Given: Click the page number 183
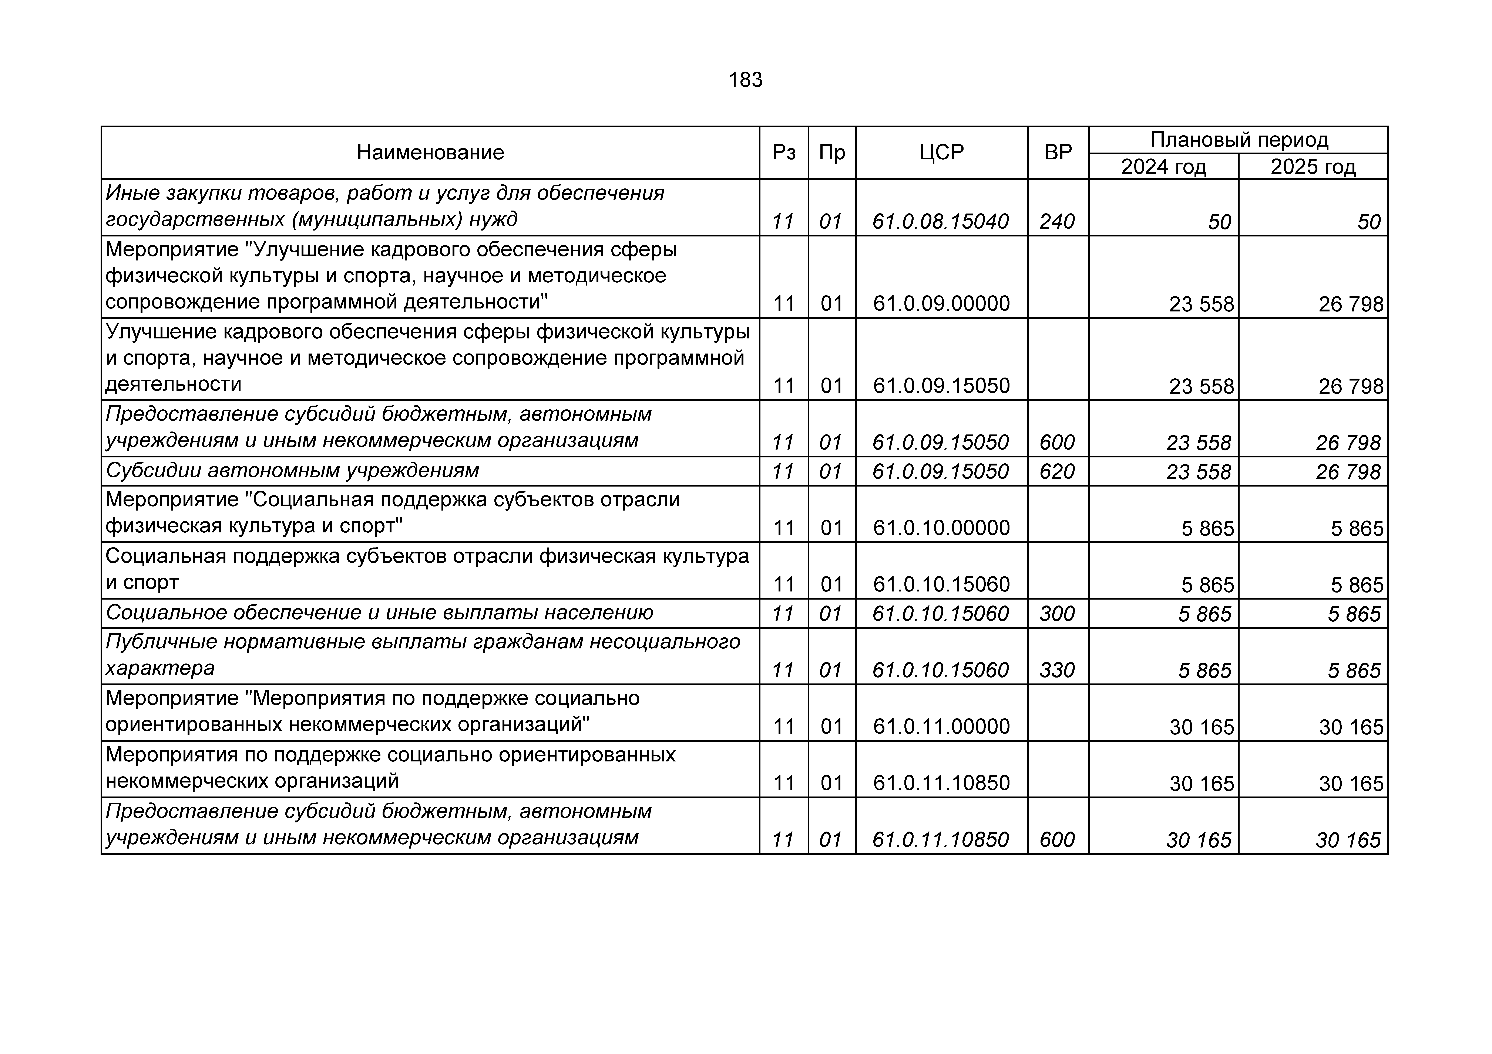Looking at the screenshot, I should point(745,80).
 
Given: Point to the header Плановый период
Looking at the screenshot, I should point(1239,140).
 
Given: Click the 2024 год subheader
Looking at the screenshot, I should point(1163,167).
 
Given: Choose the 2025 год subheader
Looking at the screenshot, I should point(1313,167).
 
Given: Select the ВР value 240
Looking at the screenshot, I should point(1057,221).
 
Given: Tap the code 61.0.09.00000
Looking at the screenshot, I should point(941,303).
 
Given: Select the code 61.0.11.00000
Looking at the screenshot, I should point(941,726).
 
